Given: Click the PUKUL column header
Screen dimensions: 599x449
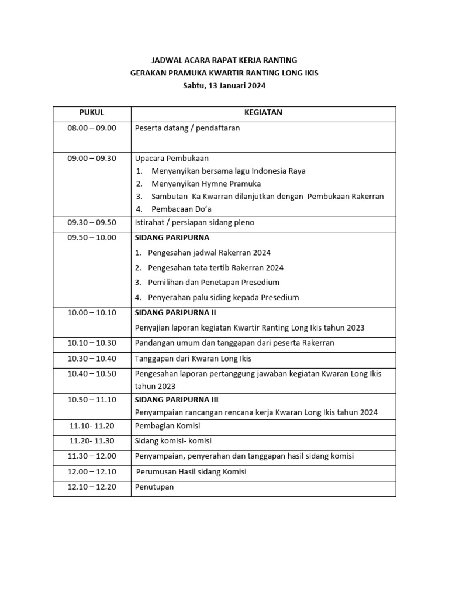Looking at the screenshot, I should [91, 113].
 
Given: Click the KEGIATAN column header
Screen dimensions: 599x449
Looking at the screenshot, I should [263, 113].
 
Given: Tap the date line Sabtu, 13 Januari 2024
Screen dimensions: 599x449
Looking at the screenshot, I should [224, 85].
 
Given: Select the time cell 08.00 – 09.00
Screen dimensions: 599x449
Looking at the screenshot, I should [92, 128].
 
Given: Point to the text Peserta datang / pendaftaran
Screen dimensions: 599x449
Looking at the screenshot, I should [187, 128].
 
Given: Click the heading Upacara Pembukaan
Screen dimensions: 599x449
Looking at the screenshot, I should [171, 158].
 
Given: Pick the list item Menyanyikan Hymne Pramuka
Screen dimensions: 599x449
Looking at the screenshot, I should [206, 184].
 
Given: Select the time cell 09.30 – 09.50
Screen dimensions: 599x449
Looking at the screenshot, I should [92, 222].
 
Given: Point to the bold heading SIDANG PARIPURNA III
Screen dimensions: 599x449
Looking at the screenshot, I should [177, 400].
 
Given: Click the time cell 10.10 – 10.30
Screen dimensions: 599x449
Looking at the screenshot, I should [92, 343].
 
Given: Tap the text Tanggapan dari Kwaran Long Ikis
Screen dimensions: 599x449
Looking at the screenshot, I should [193, 359].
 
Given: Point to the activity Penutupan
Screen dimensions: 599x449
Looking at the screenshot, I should [154, 487].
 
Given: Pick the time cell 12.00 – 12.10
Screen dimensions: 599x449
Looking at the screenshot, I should [92, 471].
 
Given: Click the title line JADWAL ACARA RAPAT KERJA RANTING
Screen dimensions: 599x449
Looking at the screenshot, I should [224, 60].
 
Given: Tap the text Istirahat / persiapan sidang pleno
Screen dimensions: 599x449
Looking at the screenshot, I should [194, 222].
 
